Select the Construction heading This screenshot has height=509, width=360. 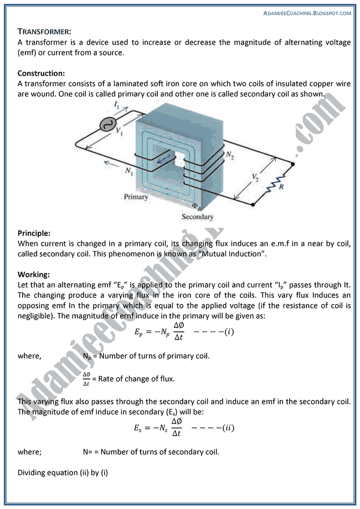[41, 73]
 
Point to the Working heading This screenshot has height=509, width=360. [33, 275]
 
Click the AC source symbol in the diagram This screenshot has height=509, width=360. [106, 125]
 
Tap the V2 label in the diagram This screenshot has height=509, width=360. [255, 177]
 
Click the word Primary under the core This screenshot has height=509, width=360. [136, 197]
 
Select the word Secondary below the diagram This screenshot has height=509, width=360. [197, 217]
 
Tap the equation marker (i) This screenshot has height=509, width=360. [227, 332]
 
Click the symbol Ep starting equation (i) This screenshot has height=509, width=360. [138, 332]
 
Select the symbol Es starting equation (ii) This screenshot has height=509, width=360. [138, 428]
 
